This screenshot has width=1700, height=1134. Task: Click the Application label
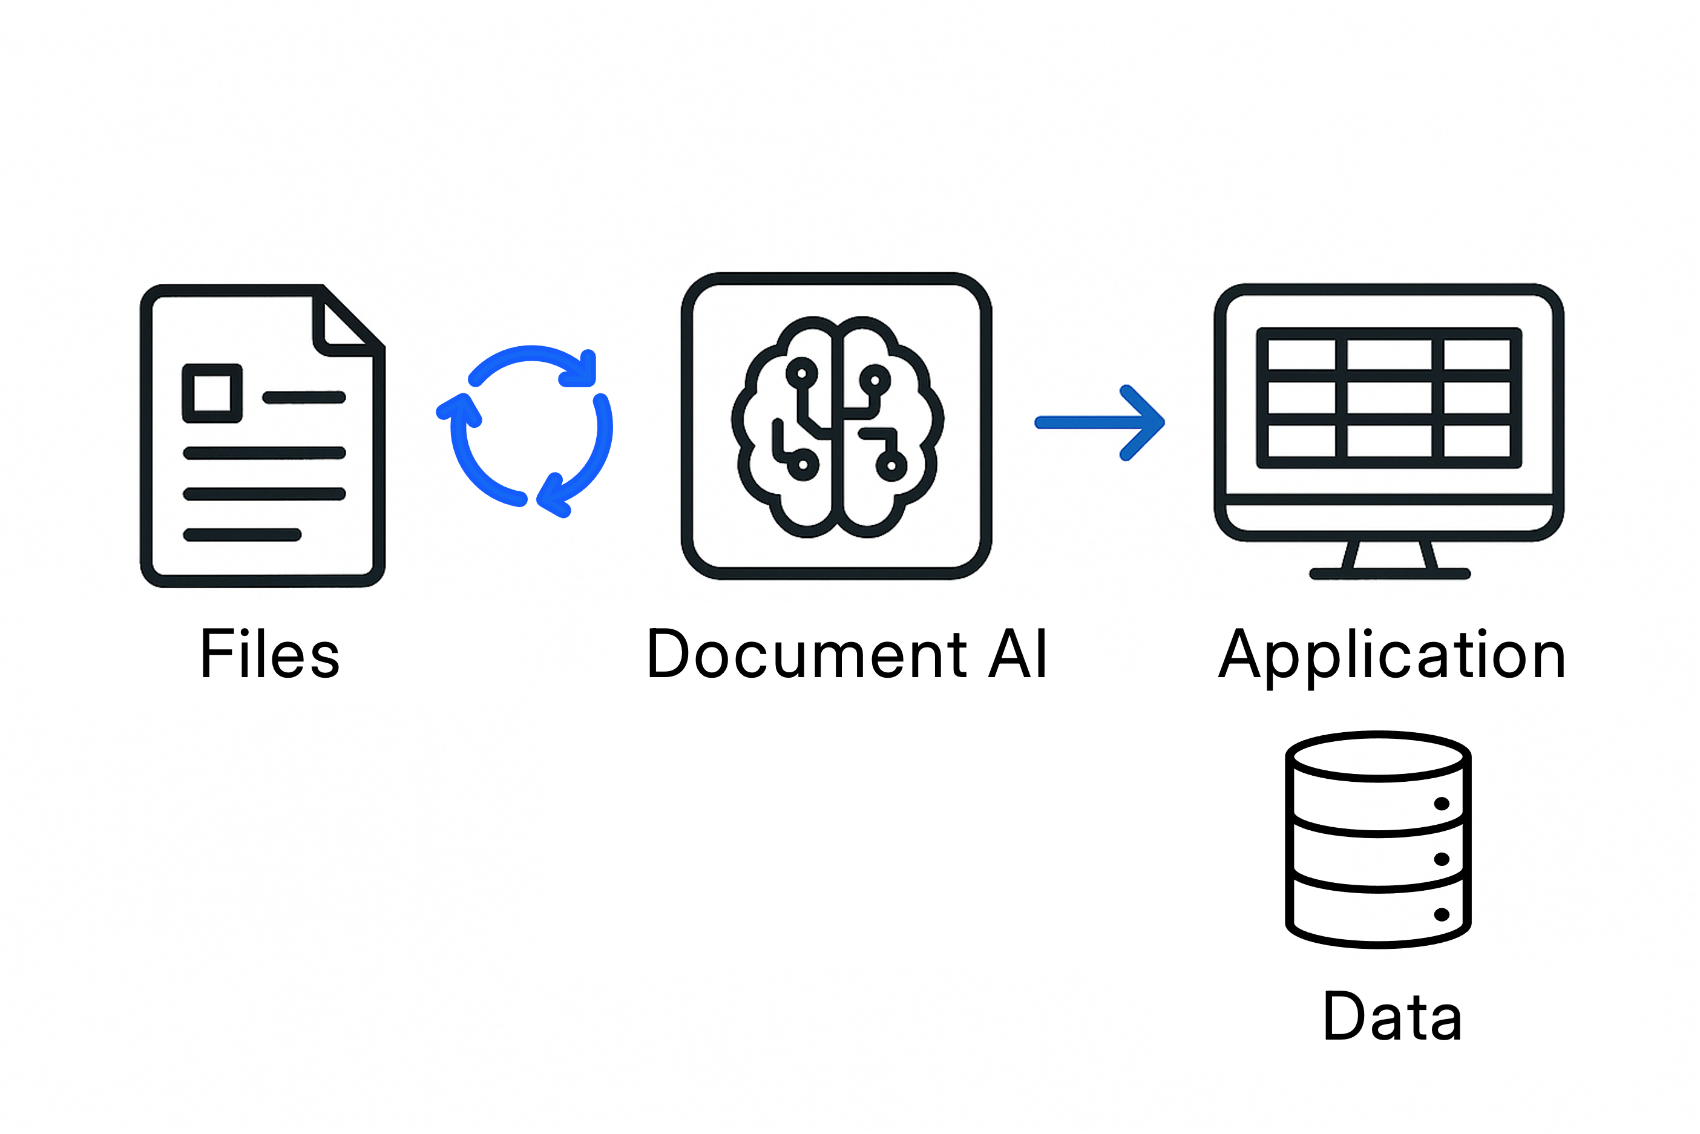1391,655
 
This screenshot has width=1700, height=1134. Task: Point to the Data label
1392,1016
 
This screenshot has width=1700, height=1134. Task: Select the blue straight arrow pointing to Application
1099,423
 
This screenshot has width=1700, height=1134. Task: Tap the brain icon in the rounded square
838,427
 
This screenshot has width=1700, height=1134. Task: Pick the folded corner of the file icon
345,323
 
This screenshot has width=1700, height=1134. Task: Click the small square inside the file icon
212,393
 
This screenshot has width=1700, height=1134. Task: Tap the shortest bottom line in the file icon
242,535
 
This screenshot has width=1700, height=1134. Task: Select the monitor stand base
1389,574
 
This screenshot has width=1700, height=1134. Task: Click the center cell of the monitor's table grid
1389,398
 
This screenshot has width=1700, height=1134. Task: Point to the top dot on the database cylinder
1441,804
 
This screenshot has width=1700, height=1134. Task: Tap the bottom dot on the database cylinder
1441,915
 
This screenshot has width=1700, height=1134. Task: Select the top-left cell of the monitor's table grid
1302,355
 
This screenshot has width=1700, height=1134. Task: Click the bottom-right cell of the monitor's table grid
1476,441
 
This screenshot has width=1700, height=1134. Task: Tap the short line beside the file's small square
304,397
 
